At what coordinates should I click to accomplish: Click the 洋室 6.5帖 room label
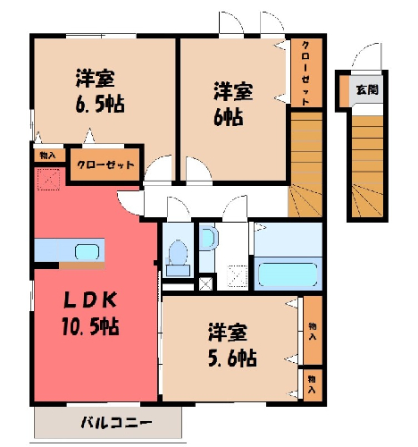100,91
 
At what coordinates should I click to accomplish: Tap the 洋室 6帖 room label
233,104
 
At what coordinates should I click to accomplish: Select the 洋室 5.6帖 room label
232,344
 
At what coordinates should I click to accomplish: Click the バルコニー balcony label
116,422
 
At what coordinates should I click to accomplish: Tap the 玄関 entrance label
367,89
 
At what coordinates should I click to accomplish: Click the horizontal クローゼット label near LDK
105,164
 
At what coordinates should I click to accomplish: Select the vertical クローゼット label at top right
305,73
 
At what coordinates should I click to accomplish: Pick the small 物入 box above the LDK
47,156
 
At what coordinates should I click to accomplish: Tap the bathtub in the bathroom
288,274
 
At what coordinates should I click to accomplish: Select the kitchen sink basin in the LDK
87,252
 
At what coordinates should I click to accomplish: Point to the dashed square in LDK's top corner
48,179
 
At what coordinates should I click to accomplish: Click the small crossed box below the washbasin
205,283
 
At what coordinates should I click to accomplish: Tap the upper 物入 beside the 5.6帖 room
313,331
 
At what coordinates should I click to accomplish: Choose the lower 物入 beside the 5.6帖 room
313,384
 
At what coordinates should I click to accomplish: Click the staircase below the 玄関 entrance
367,166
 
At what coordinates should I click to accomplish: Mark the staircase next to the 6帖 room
305,164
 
